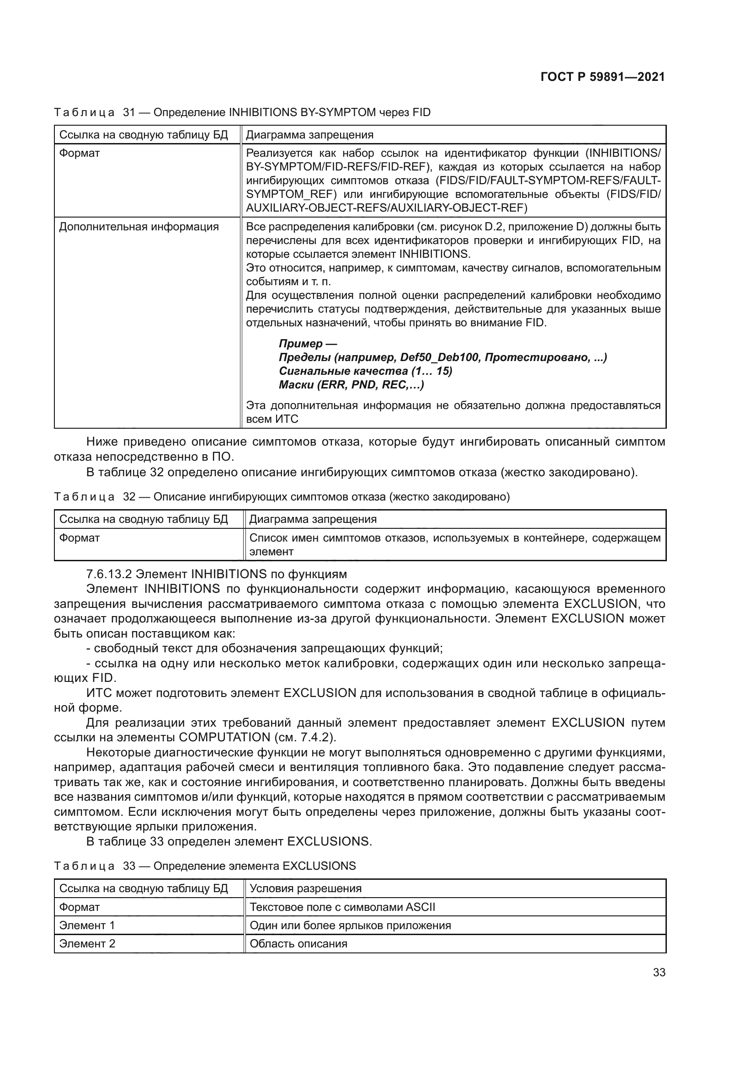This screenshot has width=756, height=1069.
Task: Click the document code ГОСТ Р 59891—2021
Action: click(602, 77)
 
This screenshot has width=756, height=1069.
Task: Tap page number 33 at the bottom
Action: click(659, 972)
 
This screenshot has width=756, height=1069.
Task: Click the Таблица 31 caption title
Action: click(242, 112)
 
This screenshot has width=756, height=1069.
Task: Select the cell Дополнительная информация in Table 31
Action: click(139, 227)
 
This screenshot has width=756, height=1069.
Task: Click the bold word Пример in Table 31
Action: click(300, 344)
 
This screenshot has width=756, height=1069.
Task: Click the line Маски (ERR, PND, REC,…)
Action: click(351, 384)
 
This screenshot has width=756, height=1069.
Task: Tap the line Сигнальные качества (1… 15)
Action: click(366, 371)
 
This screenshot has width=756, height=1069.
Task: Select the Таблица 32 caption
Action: click(282, 497)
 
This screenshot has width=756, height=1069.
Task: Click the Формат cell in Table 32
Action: click(80, 538)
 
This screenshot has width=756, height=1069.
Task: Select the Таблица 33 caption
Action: click(205, 866)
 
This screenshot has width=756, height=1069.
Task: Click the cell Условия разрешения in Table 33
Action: click(305, 888)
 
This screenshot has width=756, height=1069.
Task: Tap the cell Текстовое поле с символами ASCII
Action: click(342, 907)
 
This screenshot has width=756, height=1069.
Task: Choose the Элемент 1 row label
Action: click(87, 925)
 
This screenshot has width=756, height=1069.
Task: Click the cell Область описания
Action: click(298, 944)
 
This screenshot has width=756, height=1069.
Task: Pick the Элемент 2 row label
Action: click(87, 944)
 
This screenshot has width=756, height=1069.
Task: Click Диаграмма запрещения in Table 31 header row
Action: click(309, 135)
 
